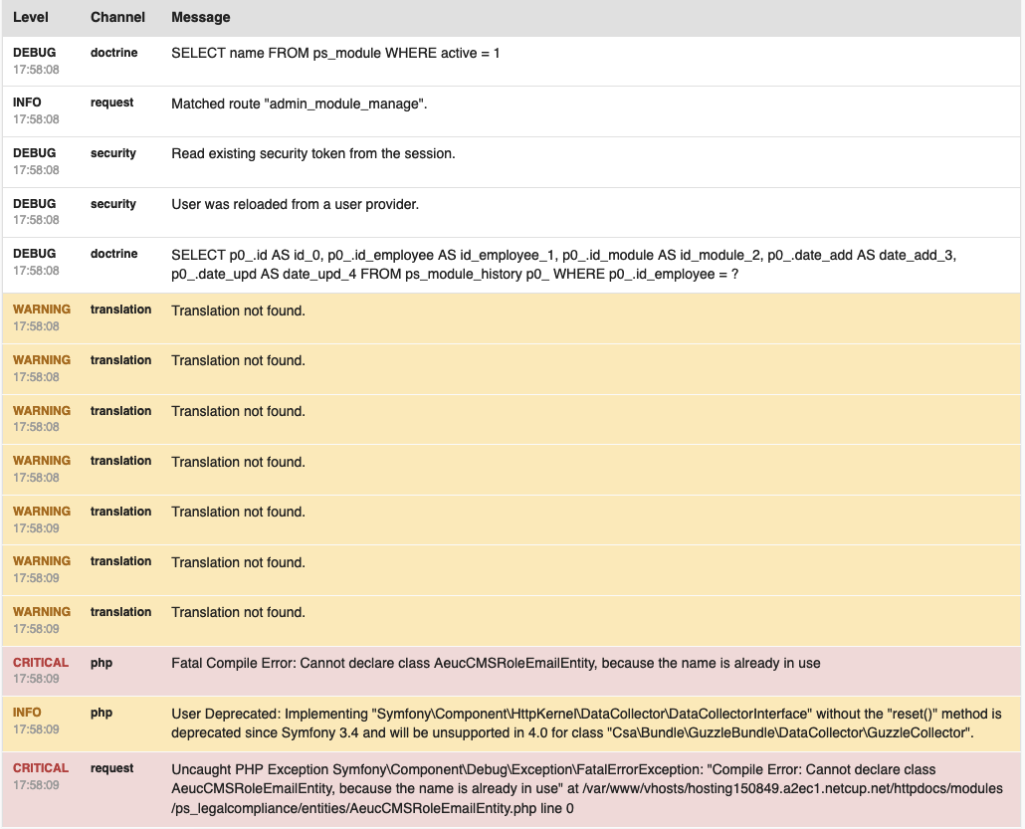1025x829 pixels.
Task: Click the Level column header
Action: pos(31,17)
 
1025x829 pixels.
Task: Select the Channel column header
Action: pos(117,17)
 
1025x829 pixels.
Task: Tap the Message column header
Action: pos(200,17)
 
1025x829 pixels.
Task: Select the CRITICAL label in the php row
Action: pos(41,663)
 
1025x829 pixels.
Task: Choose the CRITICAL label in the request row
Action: pos(41,768)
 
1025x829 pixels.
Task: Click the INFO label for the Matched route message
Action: pos(27,103)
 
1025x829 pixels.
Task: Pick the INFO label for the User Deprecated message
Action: pos(27,713)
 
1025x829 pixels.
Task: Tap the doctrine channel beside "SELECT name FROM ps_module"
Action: pos(113,52)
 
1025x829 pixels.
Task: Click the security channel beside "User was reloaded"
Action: pos(112,204)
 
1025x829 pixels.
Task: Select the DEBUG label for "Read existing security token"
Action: pos(34,153)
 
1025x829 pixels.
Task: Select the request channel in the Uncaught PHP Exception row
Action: pos(111,768)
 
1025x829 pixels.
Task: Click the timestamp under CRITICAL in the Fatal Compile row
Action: pos(36,679)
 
